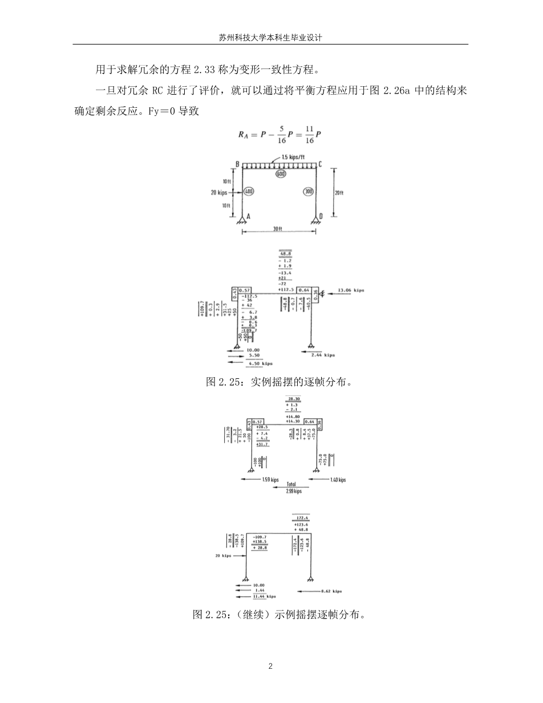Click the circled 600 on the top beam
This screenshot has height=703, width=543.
(280, 173)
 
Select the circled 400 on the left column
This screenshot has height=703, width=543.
(249, 192)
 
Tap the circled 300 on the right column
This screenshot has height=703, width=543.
(308, 192)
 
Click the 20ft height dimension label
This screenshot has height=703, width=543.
(339, 193)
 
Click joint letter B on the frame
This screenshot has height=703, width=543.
(237, 164)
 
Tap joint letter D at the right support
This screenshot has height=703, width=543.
(321, 216)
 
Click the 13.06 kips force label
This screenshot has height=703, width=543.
(351, 290)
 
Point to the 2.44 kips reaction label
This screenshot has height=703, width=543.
(323, 355)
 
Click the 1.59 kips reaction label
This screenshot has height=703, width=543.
(270, 480)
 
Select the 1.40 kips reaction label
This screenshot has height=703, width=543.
(338, 480)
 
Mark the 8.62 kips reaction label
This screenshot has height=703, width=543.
(331, 591)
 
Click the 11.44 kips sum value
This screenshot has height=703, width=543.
(264, 596)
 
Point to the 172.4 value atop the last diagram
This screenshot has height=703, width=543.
(301, 518)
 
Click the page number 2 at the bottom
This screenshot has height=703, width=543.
(271, 666)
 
